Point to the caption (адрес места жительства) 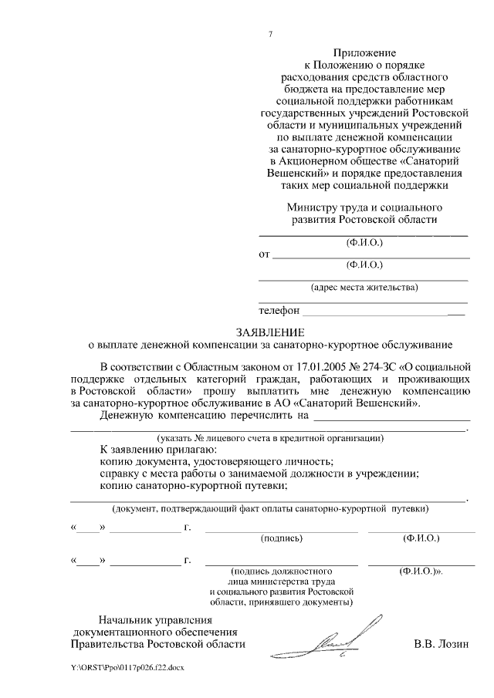(x=364, y=288)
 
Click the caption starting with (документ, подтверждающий (x=271, y=509)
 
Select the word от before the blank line (x=263, y=253)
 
